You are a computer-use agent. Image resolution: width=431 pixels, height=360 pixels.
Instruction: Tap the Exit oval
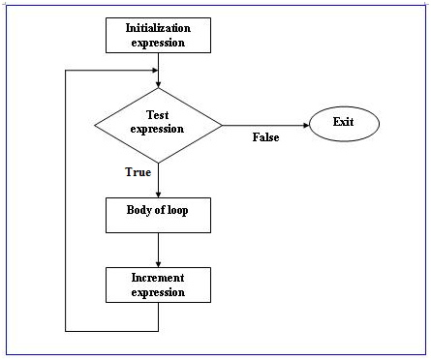pyautogui.click(x=344, y=123)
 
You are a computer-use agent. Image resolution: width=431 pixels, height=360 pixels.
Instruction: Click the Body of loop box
pyautogui.click(x=158, y=215)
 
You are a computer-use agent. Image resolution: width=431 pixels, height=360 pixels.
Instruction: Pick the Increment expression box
pyautogui.click(x=158, y=285)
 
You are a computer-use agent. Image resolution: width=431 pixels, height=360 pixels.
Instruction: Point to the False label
pyautogui.click(x=265, y=137)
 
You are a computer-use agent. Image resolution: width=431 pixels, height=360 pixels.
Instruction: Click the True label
pyautogui.click(x=139, y=172)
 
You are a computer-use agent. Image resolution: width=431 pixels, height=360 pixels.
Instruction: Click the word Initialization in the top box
pyautogui.click(x=158, y=27)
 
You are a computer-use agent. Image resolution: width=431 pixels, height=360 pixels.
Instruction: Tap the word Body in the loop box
pyautogui.click(x=141, y=209)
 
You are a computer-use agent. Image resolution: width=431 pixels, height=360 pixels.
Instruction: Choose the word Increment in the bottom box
pyautogui.click(x=158, y=278)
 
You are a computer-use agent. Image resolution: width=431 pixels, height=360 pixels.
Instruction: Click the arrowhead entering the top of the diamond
pyautogui.click(x=158, y=84)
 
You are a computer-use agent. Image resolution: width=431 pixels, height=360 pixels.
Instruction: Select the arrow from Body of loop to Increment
pyautogui.click(x=158, y=249)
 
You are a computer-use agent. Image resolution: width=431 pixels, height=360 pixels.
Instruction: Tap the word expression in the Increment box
pyautogui.click(x=158, y=291)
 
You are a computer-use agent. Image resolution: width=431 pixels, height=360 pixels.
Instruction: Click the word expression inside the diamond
pyautogui.click(x=158, y=129)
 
